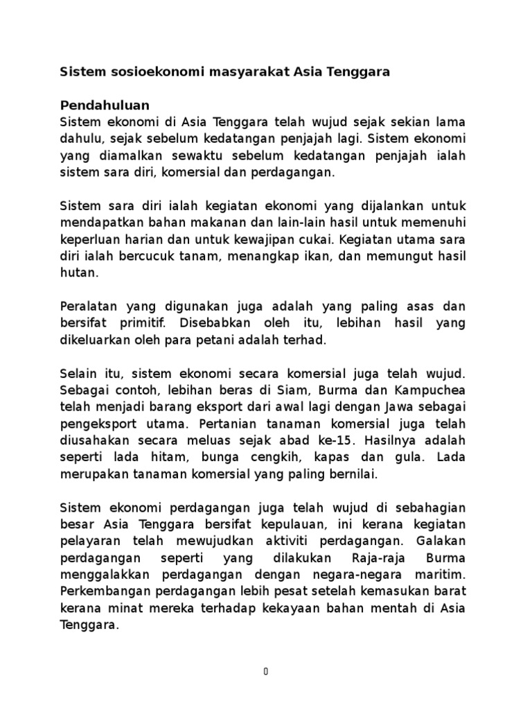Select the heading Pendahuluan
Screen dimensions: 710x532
click(104, 105)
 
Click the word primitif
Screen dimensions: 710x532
click(154, 324)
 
